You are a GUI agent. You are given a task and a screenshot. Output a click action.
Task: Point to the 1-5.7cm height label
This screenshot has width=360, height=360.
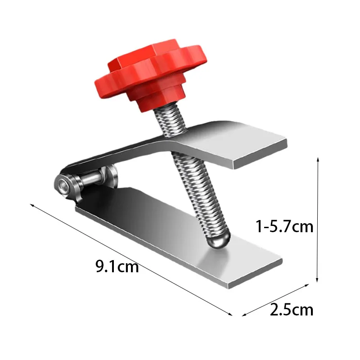pyautogui.click(x=284, y=226)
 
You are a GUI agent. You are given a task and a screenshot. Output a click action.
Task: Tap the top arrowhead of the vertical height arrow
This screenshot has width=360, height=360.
pyautogui.click(x=319, y=159)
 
